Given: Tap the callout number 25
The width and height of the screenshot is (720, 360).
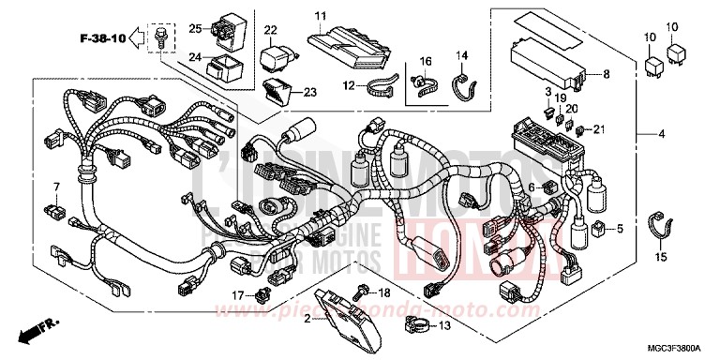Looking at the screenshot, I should click(x=194, y=27).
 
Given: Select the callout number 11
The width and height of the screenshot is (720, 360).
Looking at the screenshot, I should click(x=320, y=16).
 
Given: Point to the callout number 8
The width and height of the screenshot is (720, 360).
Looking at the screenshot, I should click(x=606, y=73).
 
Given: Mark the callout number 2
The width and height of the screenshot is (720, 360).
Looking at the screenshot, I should click(x=306, y=319).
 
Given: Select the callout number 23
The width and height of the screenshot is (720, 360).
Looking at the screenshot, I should click(x=310, y=92).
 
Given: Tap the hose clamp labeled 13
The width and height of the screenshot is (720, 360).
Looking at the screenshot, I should click(x=413, y=326).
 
